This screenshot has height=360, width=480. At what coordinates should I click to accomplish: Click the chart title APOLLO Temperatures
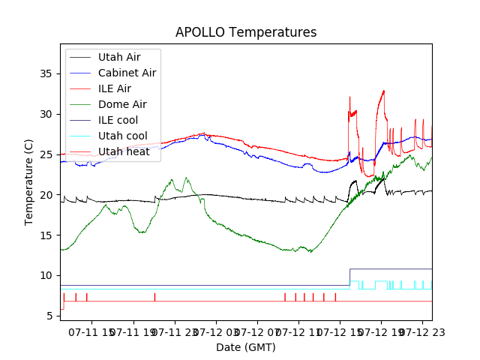coord(246,33)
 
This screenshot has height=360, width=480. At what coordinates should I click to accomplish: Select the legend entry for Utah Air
coord(119,57)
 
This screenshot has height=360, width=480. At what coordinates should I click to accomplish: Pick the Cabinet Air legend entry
coord(127,73)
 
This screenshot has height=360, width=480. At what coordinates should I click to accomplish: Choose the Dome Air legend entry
coord(122,104)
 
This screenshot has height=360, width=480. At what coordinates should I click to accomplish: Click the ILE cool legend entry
coord(118,120)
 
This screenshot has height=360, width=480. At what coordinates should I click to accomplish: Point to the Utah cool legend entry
coord(122,136)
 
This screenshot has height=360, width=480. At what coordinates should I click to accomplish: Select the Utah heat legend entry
coord(124,151)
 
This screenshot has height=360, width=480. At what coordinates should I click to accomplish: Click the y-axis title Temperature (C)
coord(29,181)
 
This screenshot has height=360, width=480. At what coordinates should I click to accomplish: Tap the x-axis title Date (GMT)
coord(246,347)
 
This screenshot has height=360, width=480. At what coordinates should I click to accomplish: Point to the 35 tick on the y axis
coord(45,73)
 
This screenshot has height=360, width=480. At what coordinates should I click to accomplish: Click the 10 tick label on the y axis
coord(45,275)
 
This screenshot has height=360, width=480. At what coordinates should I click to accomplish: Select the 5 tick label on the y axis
coord(48,316)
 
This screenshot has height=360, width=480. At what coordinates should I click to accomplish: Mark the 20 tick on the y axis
coord(45,195)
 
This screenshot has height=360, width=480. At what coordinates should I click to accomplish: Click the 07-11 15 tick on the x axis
coord(94,331)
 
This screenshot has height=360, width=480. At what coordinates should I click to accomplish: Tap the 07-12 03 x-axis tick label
coord(217,331)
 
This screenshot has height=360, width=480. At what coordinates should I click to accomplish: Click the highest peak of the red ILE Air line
coord(384,91)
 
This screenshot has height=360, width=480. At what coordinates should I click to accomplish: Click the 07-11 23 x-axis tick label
coord(175,331)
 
